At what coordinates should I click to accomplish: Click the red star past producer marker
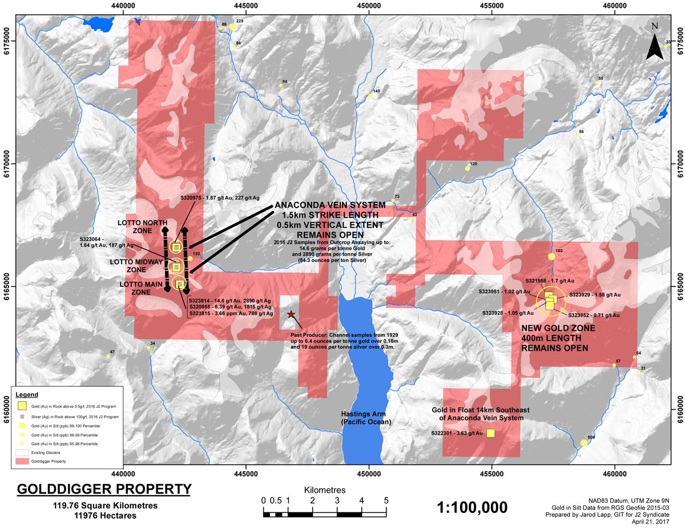click(x=291, y=314)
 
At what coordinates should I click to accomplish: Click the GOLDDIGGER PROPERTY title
click(x=103, y=489)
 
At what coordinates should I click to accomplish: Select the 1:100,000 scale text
click(x=472, y=507)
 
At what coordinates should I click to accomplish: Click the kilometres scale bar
click(x=325, y=513)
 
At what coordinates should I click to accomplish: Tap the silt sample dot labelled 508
click(x=583, y=443)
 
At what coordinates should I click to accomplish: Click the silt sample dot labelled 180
click(x=551, y=257)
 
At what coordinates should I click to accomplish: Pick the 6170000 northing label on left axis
click(x=6, y=163)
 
